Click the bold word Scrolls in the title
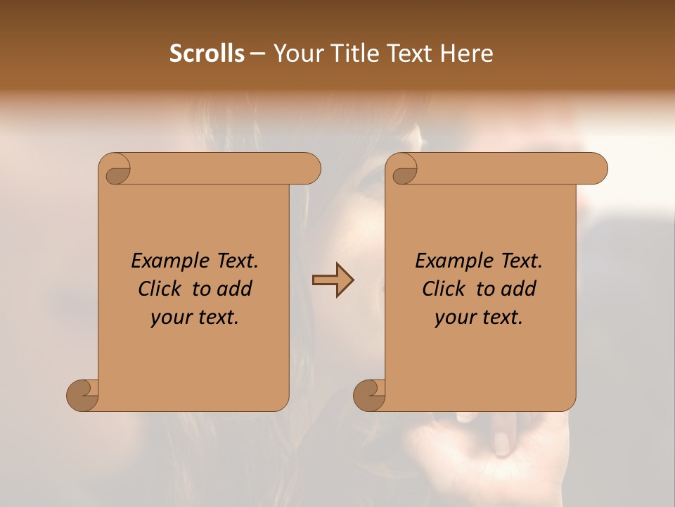[207, 54]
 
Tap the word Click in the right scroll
[444, 289]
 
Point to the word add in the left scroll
[233, 289]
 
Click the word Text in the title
[409, 54]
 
